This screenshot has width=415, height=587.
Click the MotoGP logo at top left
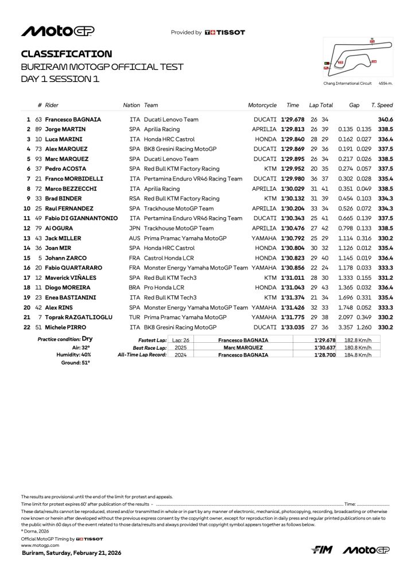pos(57,32)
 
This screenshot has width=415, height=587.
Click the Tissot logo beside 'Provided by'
pos(224,33)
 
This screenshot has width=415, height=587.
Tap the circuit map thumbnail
pos(350,57)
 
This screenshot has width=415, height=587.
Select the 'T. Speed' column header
pos(382,105)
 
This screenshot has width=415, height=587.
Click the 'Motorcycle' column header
pos(262,105)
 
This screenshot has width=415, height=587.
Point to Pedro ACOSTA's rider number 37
pos(39,169)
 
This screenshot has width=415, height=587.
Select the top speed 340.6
pos(385,119)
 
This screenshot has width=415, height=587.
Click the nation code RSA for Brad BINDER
pos(135,199)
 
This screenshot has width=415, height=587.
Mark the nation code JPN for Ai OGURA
pos(135,228)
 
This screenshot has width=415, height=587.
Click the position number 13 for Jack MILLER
pos(26,238)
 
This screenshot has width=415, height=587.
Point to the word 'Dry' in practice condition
pos(87,339)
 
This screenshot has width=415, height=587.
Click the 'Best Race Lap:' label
pos(150,347)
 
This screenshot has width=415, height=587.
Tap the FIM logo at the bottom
pos(322,550)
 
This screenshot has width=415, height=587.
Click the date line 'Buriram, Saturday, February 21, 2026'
pos(71,553)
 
